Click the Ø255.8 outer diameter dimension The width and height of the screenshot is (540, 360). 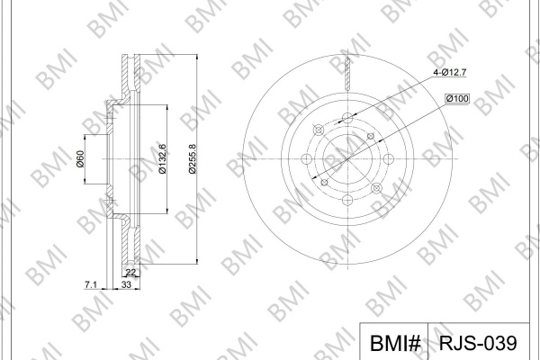coord(193,158)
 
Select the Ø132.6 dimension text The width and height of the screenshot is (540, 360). coord(163,158)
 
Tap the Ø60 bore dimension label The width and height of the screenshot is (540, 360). coord(80,158)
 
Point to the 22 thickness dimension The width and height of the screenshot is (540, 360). coord(130,272)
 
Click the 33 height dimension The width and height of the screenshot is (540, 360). coord(126,284)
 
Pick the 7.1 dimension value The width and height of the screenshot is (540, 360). coord(91,284)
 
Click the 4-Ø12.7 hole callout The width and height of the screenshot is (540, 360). coord(450,72)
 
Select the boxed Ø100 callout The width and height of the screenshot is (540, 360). coord(457,98)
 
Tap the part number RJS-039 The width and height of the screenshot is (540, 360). coord(478,343)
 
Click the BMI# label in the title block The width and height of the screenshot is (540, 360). coord(395,343)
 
